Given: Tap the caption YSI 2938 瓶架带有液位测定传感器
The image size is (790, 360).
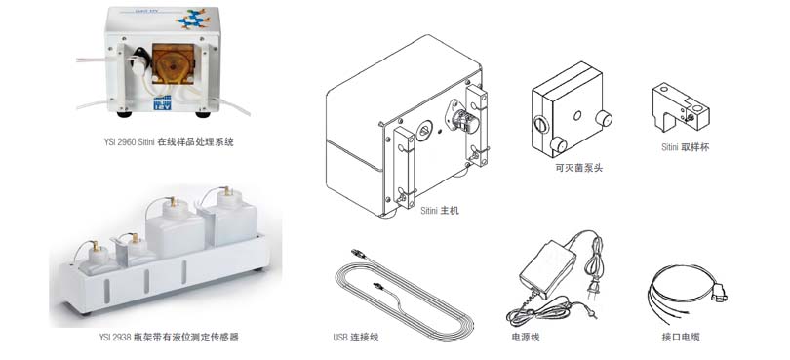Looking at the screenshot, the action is (x=169, y=338).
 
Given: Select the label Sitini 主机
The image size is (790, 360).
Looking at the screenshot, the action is (x=440, y=211).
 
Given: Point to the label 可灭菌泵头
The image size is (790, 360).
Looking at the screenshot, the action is (x=575, y=168).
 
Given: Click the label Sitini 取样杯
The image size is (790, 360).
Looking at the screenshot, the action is (x=686, y=147).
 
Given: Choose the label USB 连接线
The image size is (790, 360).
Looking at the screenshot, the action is (x=356, y=338).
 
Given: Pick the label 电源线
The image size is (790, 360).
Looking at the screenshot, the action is (x=526, y=338).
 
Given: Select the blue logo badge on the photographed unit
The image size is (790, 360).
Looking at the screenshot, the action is (x=162, y=101).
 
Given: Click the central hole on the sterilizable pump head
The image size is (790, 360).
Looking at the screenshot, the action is (x=577, y=115).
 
